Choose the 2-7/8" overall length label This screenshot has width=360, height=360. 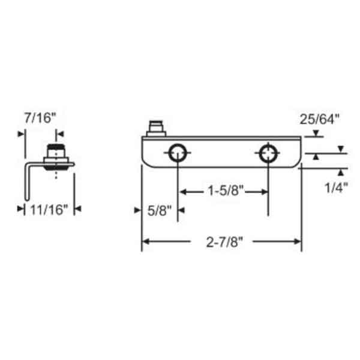click(x=221, y=242)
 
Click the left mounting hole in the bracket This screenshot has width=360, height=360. click(x=178, y=154)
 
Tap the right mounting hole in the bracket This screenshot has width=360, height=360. click(x=268, y=154)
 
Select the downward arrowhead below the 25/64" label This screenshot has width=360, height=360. click(x=316, y=134)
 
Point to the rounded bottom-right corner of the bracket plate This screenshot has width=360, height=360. click(x=297, y=164)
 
